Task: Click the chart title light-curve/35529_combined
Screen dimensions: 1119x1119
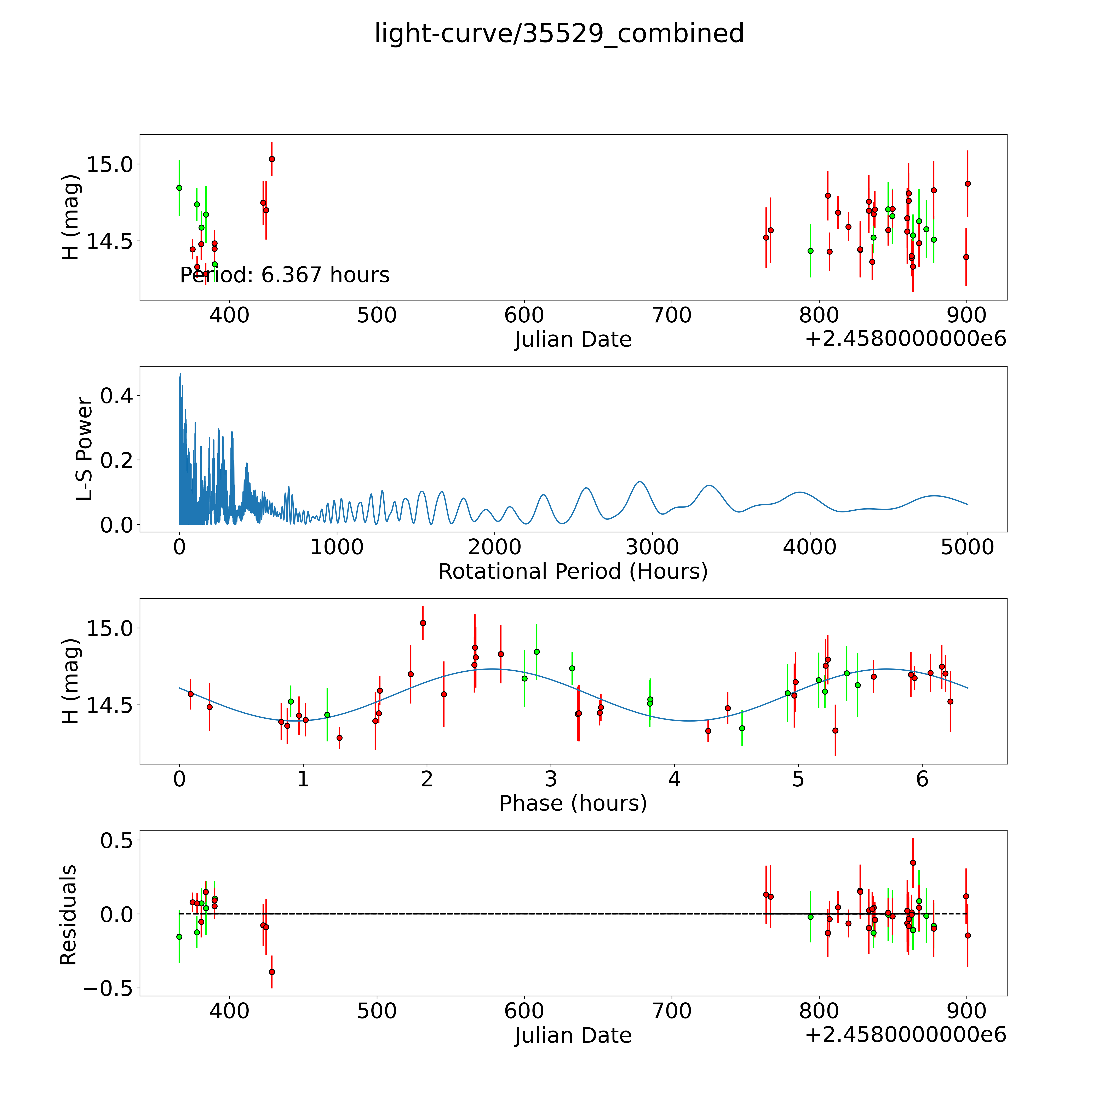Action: pos(559,34)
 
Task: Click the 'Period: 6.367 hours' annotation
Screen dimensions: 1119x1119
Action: pos(284,275)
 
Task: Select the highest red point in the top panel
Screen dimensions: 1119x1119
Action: pos(272,159)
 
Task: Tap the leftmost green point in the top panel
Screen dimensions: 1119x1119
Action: pos(179,188)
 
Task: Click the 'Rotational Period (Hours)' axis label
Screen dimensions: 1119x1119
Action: pos(573,572)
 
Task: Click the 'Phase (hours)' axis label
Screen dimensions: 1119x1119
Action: pos(573,803)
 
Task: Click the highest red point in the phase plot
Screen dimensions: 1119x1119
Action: pos(423,623)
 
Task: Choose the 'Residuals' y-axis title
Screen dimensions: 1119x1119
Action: pos(68,915)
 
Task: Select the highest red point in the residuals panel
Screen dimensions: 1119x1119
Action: pos(913,862)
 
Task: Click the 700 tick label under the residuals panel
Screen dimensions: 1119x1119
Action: pos(671,1011)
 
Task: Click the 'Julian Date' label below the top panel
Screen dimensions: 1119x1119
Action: pos(573,339)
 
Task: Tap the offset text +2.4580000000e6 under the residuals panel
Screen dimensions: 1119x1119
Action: pos(905,1034)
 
